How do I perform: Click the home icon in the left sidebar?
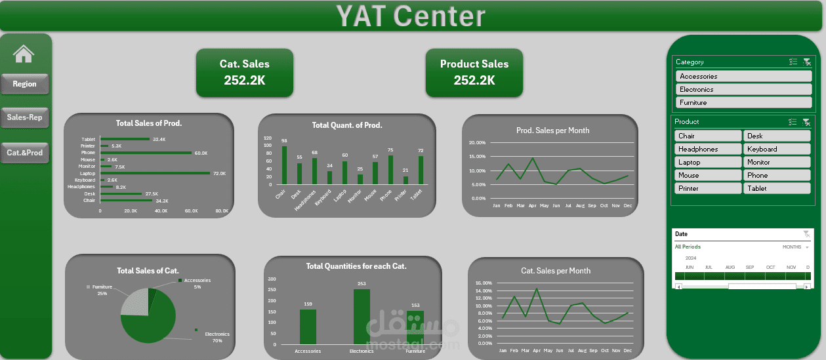24,54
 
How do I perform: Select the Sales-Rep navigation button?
24,117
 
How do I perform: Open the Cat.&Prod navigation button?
24,153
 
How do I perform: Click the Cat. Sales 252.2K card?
244,72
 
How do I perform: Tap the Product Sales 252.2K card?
474,72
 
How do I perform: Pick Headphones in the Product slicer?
708,149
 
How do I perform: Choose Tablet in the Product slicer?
777,188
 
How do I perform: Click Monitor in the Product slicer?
777,162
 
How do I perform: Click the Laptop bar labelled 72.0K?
155,173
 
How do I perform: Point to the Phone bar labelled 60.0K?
146,153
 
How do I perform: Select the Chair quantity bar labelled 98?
284,165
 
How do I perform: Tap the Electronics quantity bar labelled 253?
361,316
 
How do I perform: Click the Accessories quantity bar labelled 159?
308,326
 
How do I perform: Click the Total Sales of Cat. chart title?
148,271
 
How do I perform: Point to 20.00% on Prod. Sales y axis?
477,143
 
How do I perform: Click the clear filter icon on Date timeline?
806,234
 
